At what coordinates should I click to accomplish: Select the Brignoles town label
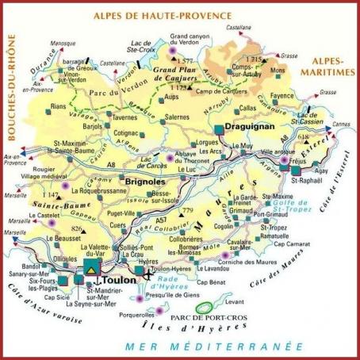pyautogui.click(x=146, y=182)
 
